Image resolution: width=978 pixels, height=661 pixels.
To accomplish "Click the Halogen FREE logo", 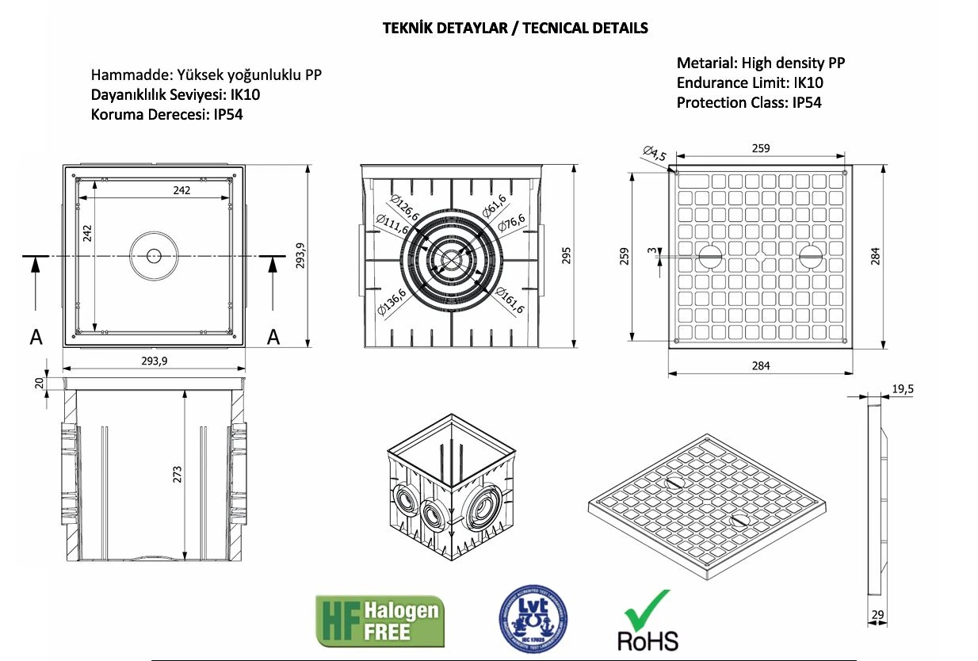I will pyautogui.click(x=380, y=621).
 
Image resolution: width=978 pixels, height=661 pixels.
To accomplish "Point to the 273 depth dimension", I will pyautogui.click(x=178, y=474).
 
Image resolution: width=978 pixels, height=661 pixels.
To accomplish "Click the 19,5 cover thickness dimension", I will pyautogui.click(x=904, y=388).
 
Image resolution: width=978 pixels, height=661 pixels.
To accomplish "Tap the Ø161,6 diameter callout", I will pyautogui.click(x=510, y=300).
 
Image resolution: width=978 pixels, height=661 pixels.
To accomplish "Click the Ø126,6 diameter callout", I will pyautogui.click(x=403, y=205).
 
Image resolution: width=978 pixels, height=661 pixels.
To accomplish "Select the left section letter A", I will pyautogui.click(x=36, y=338).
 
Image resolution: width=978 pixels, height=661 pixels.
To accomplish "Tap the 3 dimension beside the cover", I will pyautogui.click(x=651, y=251).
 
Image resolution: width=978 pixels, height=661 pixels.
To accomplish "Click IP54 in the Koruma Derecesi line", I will pyautogui.click(x=227, y=114).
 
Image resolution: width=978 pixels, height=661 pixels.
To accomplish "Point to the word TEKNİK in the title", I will pyautogui.click(x=407, y=29).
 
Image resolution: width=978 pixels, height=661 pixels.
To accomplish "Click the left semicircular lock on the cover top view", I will pyautogui.click(x=709, y=255).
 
